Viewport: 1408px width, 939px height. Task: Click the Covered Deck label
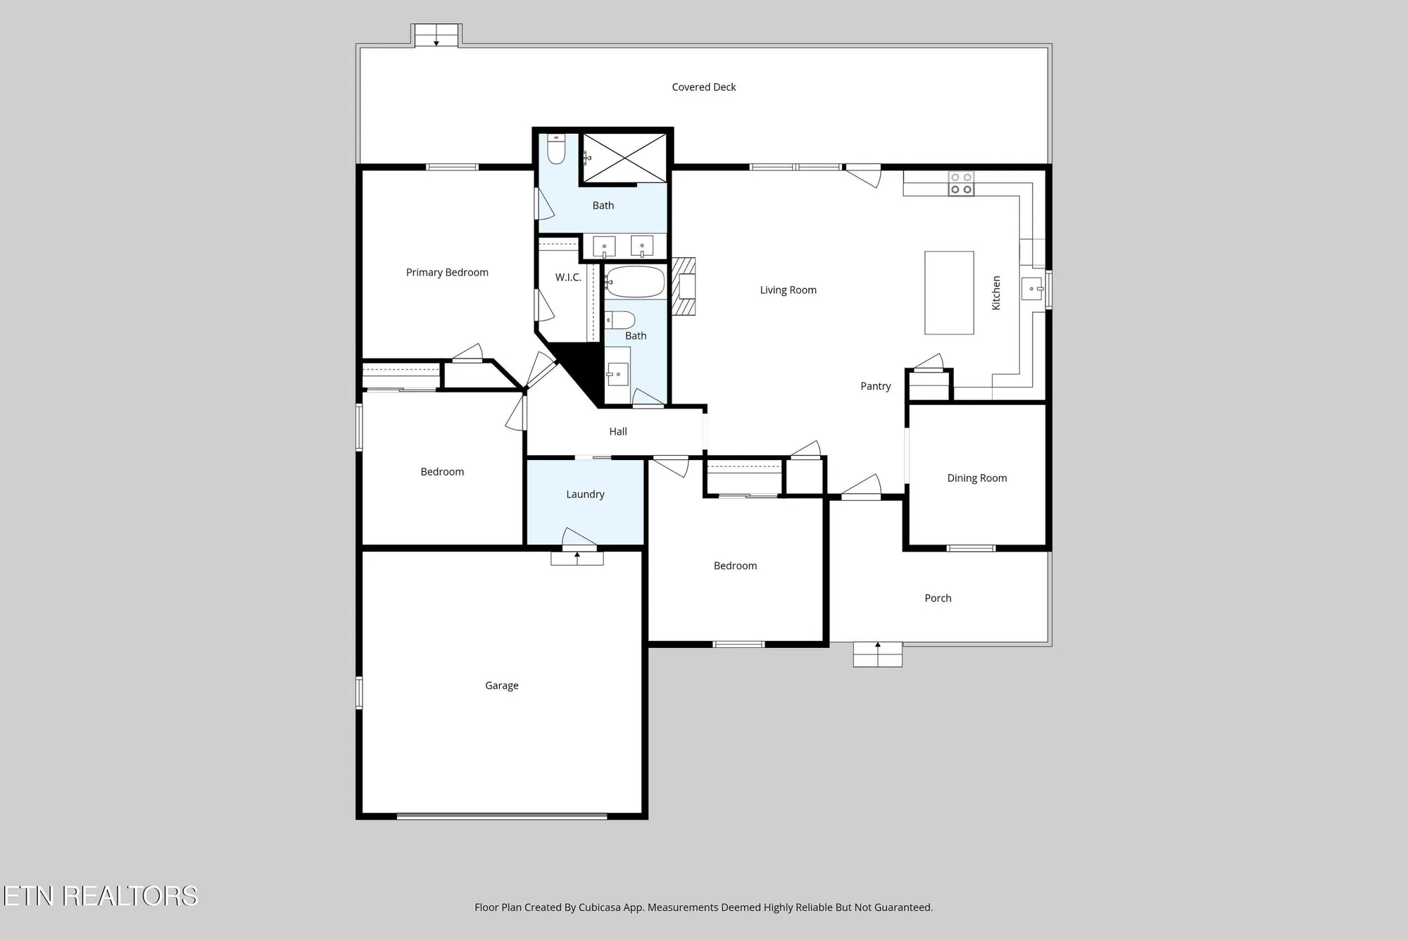pos(703,87)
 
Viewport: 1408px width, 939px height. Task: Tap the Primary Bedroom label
pos(447,273)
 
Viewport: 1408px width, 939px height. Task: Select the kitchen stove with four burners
pos(961,184)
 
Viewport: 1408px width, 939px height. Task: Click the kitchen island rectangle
pos(949,292)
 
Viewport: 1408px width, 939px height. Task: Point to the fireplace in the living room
pos(684,286)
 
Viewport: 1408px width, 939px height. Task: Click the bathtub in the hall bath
pos(635,282)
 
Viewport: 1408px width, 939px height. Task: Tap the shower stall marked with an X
pos(624,158)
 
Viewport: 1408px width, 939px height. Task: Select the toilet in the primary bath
pos(556,149)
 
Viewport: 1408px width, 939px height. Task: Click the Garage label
pos(501,685)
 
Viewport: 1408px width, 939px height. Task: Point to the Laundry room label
pos(585,495)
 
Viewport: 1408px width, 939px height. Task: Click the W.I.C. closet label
pos(568,278)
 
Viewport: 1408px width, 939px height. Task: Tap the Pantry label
pos(875,386)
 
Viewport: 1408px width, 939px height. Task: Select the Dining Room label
pos(976,478)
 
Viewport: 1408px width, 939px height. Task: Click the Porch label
pos(938,598)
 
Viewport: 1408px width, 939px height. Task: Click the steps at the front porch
pos(877,654)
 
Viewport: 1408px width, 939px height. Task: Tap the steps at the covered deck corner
pos(436,35)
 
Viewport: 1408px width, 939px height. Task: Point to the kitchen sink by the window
pos(1033,289)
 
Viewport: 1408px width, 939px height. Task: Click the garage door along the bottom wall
pos(501,816)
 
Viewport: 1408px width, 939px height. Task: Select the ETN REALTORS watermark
pos(100,896)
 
